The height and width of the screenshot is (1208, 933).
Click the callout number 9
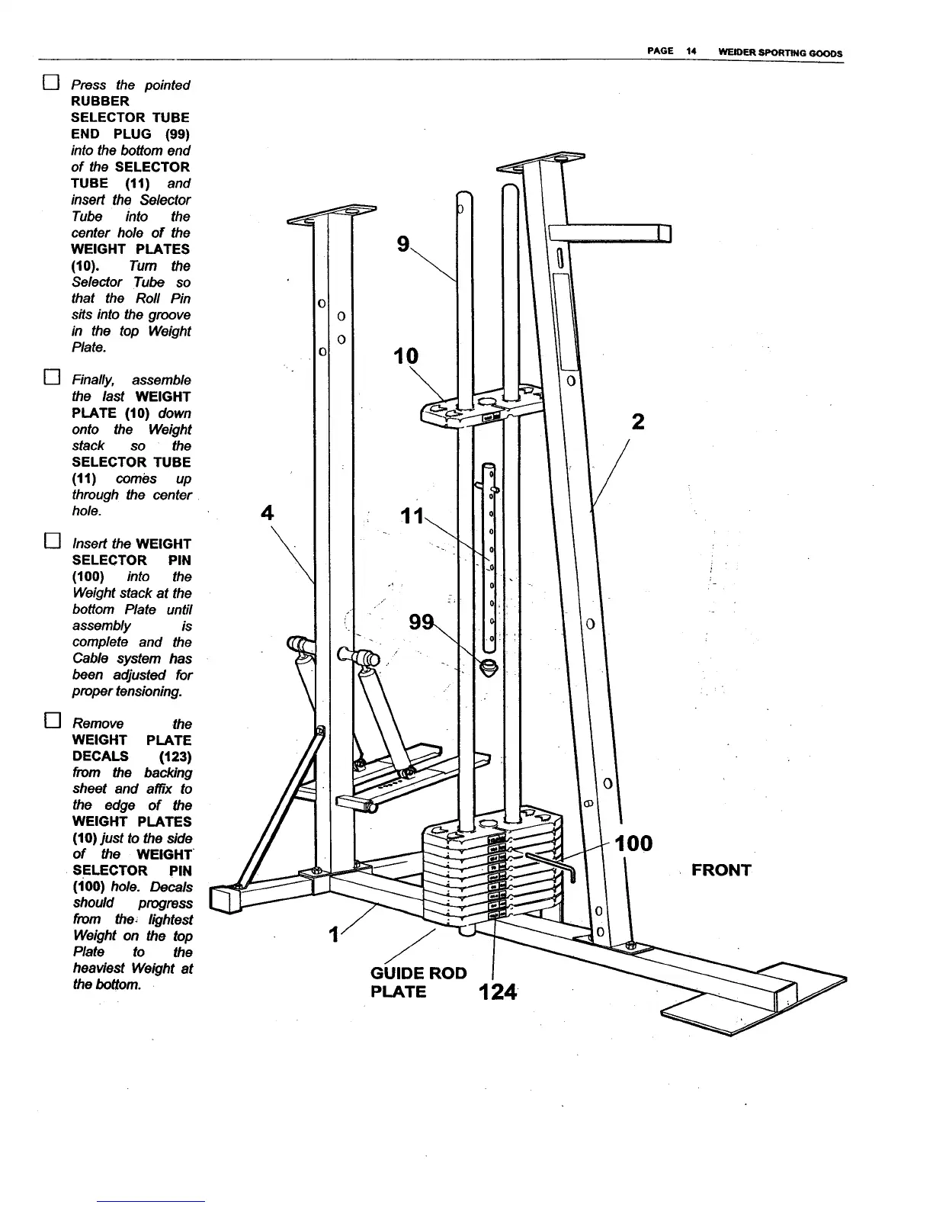click(403, 244)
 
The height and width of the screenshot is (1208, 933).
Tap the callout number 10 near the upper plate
click(406, 356)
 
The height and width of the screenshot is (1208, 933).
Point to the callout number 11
click(412, 516)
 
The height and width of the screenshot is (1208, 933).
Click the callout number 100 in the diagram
click(633, 843)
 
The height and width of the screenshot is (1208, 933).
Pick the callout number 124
click(496, 993)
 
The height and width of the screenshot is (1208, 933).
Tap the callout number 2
click(638, 422)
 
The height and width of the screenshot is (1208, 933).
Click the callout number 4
click(267, 512)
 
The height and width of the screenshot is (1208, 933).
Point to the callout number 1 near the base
click(333, 934)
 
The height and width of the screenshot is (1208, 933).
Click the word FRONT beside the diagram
click(721, 870)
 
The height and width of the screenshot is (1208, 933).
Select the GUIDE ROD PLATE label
click(418, 982)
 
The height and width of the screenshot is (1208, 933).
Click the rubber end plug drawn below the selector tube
click(489, 668)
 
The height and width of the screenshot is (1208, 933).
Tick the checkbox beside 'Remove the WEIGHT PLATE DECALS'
click(50, 721)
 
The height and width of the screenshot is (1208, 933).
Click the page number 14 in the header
click(691, 52)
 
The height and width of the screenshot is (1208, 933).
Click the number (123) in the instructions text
click(175, 757)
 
